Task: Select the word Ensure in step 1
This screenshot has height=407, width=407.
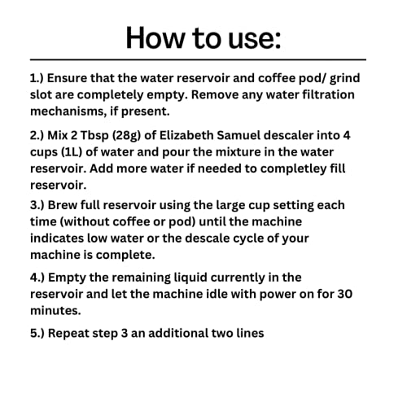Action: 72,79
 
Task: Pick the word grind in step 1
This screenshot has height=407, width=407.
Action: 359,79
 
